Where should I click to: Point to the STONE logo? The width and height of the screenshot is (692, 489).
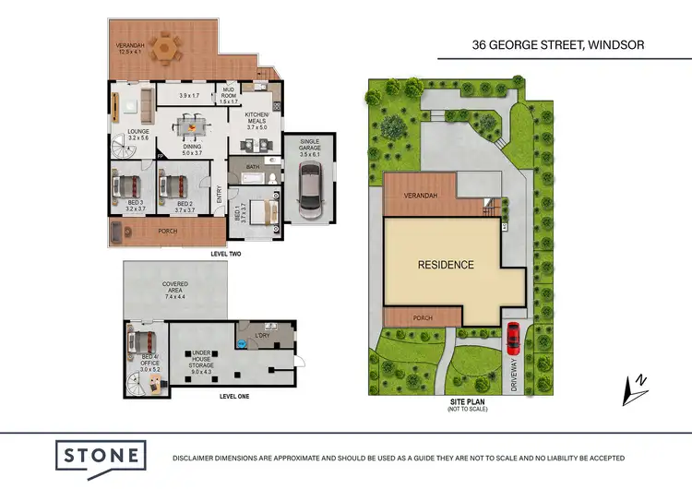click(x=101, y=456)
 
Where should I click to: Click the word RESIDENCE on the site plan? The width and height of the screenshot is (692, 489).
click(x=446, y=265)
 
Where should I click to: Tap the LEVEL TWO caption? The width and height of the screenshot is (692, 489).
click(x=227, y=253)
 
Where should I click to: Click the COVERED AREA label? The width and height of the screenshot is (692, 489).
click(x=175, y=288)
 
